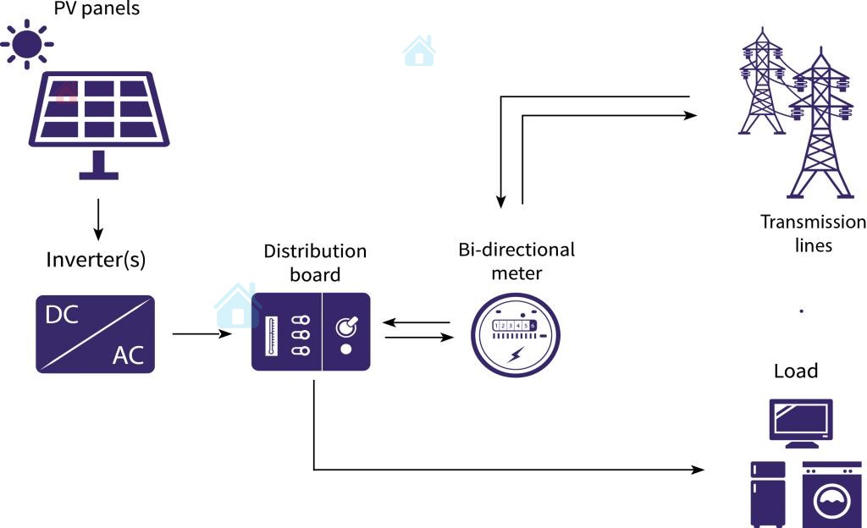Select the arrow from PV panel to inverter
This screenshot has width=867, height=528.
click(x=98, y=218)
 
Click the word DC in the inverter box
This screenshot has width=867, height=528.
click(x=62, y=316)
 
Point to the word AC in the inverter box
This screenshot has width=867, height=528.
click(x=129, y=355)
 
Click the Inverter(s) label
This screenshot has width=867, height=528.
click(x=96, y=260)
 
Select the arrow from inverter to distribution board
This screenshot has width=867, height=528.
click(x=202, y=334)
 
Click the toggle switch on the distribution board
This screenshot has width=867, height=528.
click(x=345, y=327)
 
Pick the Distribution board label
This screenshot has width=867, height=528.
click(x=315, y=262)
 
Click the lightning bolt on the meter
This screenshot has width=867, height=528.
click(x=515, y=355)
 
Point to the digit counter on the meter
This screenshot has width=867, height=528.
click(x=514, y=325)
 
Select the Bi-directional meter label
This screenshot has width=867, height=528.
click(x=516, y=261)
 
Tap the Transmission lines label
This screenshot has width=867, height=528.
click(x=813, y=234)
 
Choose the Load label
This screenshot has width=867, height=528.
click(x=796, y=371)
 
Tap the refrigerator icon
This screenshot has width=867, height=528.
click(x=768, y=493)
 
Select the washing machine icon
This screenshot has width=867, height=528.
click(x=831, y=495)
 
